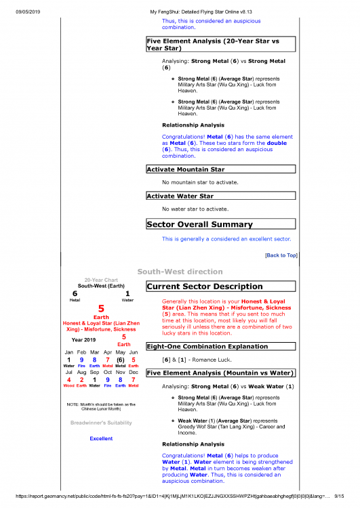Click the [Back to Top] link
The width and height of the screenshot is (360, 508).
(281, 255)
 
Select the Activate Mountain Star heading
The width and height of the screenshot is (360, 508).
(185, 169)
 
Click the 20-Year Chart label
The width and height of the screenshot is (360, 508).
(100, 280)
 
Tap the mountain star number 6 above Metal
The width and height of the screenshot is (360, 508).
(75, 293)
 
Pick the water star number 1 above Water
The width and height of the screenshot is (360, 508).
(127, 293)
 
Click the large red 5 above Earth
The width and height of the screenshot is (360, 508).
(100, 309)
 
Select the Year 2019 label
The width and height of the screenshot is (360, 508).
(84, 339)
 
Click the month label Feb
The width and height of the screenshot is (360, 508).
(81, 352)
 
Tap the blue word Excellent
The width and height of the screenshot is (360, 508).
(101, 438)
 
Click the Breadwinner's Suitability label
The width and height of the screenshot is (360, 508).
(101, 423)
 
